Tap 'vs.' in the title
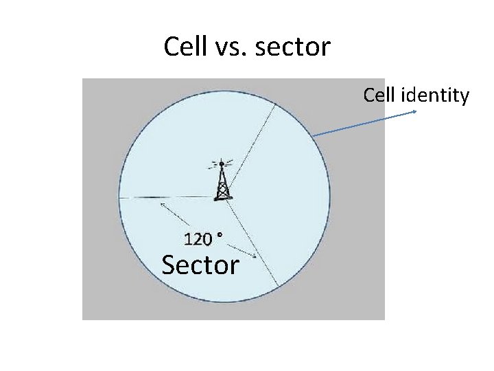click(228, 47)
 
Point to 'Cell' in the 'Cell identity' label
click(379, 95)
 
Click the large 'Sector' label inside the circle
click(200, 265)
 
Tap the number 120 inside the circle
click(199, 239)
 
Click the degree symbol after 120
click(220, 235)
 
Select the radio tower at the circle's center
click(222, 181)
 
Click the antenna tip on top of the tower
click(222, 164)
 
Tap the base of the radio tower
click(222, 198)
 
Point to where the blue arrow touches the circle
click(313, 136)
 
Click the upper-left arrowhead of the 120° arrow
click(161, 203)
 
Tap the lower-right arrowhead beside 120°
click(256, 258)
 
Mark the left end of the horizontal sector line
click(120, 198)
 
